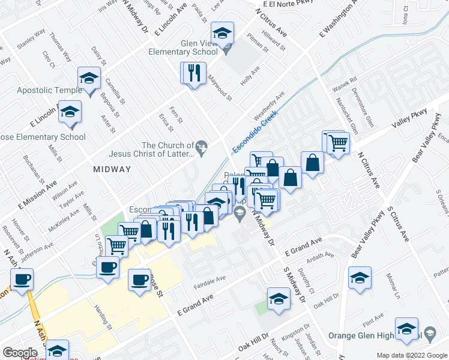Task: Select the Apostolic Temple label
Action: (41, 90)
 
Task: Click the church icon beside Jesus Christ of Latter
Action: (202, 145)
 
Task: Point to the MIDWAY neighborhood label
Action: (112, 169)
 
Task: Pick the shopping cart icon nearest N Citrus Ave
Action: (339, 143)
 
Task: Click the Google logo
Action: (20, 353)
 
